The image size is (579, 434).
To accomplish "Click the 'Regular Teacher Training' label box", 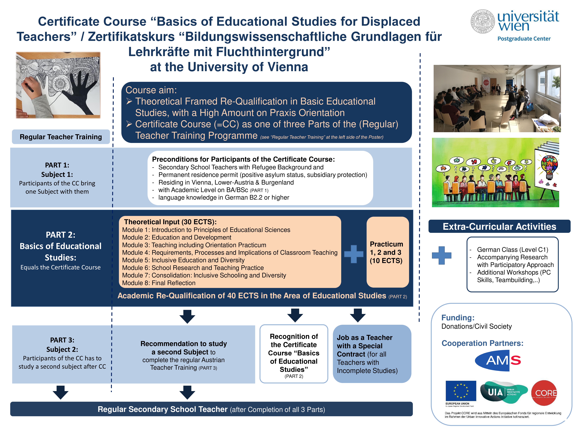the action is point(61,137).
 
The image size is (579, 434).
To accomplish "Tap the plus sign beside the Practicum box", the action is point(354,254).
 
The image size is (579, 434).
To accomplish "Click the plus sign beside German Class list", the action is point(442,255).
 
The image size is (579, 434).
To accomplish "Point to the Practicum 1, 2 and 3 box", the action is point(388,252).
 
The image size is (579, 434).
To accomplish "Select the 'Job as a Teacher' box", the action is point(372,354).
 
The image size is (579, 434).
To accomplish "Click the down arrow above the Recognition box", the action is point(295,315).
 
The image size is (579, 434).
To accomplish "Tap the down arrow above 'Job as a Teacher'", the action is point(358,315).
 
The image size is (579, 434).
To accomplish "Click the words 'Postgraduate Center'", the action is point(524,39).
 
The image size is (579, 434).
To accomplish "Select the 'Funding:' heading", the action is point(458,318).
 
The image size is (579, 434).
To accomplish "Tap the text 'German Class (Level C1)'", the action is point(512,250).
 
